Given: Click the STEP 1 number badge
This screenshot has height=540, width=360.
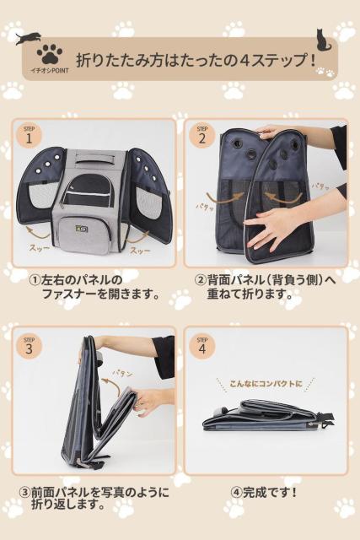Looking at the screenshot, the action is click(29, 136).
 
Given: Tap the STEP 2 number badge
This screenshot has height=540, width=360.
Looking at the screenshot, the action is click(202, 136).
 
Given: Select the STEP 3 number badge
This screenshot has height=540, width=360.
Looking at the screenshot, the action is click(29, 346).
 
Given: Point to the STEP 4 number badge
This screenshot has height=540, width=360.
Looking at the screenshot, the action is click(202, 346).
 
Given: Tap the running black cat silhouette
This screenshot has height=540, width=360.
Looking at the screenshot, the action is click(28, 38).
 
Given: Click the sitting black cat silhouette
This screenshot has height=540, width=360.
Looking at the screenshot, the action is click(323, 40).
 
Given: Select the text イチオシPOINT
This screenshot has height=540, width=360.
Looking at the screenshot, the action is click(50, 71).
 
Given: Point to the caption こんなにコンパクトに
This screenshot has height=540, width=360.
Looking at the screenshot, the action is click(266, 383).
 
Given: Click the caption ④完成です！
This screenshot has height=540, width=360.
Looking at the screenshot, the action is click(264, 492).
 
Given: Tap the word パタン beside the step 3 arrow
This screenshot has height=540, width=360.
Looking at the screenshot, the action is click(122, 373).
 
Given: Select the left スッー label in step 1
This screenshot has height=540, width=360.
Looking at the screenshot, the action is click(39, 247).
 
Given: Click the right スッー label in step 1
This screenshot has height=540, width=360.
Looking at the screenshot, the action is click(140, 251).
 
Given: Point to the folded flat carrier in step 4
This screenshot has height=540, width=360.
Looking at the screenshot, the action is click(268, 416).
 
